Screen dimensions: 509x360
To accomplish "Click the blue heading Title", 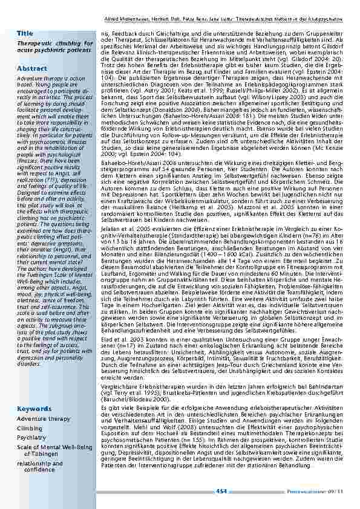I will [25, 32].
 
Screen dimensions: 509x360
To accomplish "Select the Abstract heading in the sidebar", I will [31, 69].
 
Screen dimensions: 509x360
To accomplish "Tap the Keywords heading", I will [34, 409].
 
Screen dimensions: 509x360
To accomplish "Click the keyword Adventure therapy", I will [44, 418].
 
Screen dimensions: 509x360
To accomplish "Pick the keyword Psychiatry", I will [31, 437].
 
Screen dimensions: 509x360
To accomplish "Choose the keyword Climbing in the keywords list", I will [30, 428].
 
